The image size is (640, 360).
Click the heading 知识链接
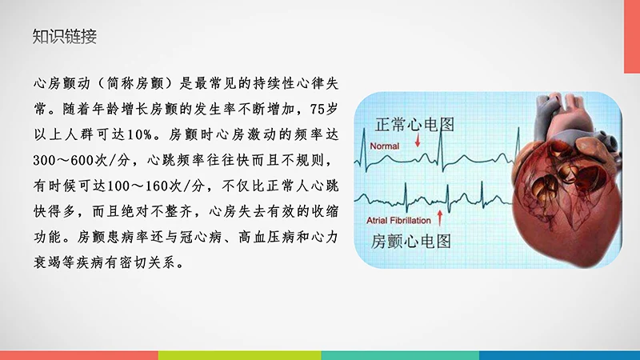click(65, 36)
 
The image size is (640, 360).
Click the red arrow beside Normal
click(418, 142)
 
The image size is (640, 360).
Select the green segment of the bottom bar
click(240, 355)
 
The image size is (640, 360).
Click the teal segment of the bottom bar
click(400, 355)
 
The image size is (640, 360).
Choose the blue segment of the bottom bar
click(560, 355)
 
